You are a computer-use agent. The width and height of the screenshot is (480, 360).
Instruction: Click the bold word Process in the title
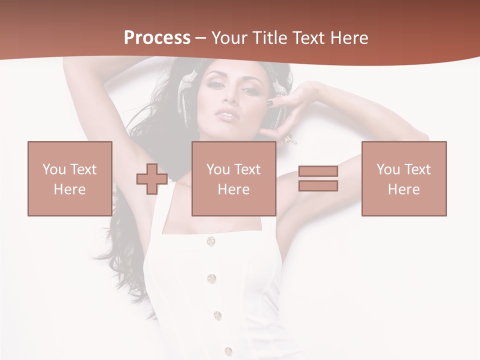[157, 38]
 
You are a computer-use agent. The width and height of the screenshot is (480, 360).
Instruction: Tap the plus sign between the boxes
[152, 179]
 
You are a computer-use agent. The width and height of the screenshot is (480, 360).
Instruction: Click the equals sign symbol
[318, 178]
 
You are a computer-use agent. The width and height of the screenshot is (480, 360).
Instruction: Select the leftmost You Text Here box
[69, 178]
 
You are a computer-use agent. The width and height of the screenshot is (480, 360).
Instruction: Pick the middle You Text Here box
[233, 178]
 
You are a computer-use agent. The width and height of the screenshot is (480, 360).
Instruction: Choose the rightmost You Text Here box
[403, 178]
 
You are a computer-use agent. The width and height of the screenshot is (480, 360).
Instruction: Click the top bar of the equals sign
[318, 171]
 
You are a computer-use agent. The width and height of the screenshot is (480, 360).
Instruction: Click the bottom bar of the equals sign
[318, 186]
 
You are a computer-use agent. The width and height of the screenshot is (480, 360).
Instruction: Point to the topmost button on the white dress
[211, 241]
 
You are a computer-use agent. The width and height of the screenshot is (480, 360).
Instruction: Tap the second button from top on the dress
[211, 278]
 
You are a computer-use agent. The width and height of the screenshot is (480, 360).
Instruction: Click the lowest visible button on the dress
[228, 351]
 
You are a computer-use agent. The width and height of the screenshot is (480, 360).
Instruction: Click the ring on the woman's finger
[290, 139]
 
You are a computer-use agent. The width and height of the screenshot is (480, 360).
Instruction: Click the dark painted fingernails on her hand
[270, 103]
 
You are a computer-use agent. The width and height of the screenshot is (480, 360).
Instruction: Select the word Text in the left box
[83, 169]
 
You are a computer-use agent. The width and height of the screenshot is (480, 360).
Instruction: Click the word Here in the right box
[403, 189]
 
